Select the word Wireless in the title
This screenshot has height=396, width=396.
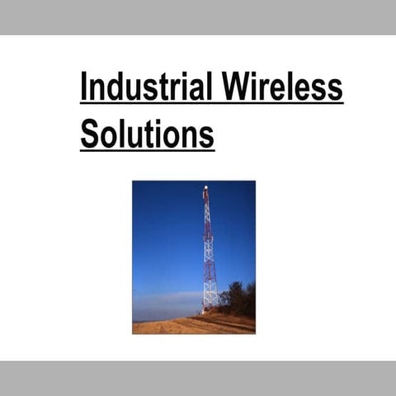(x=280, y=86)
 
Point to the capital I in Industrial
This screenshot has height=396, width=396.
(x=84, y=86)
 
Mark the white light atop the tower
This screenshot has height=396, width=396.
(x=205, y=188)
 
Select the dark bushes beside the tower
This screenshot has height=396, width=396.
(x=238, y=299)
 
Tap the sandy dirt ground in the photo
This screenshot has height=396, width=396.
(x=181, y=325)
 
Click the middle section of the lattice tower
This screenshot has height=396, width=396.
(x=208, y=247)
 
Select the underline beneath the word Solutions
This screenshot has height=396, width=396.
(x=147, y=149)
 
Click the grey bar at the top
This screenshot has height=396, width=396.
(x=198, y=16)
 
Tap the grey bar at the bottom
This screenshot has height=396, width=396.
(x=198, y=378)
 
